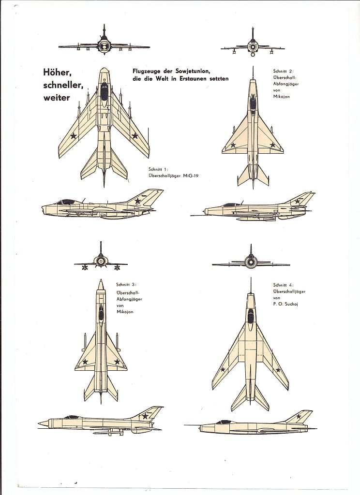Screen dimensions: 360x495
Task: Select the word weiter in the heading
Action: pos(56,98)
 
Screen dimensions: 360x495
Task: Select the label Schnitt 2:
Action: pos(284,72)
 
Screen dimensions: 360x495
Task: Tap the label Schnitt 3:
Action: pos(126,284)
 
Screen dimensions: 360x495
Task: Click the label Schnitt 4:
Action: pos(284,285)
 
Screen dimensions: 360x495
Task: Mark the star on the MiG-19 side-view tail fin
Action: pos(138,201)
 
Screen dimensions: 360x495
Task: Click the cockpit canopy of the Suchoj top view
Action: pos(251,317)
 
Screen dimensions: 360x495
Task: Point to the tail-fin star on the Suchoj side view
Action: pos(299,417)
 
